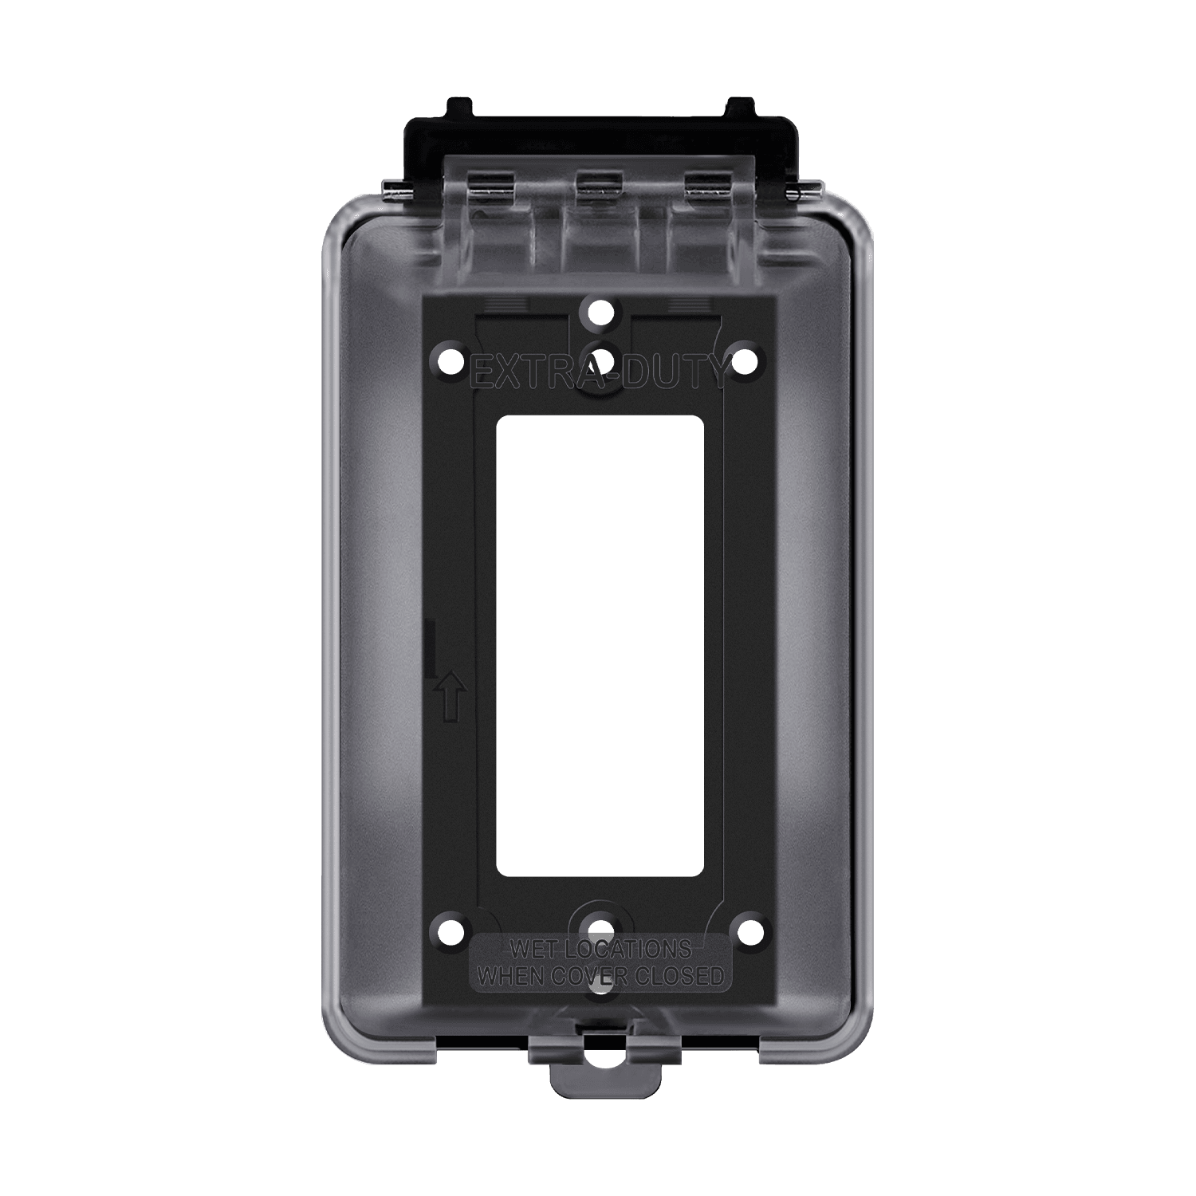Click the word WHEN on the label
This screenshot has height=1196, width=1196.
tap(510, 976)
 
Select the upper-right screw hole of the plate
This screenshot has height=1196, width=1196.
tap(744, 360)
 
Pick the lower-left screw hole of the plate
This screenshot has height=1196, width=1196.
tap(451, 930)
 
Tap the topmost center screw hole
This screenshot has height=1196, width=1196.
tap(599, 312)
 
